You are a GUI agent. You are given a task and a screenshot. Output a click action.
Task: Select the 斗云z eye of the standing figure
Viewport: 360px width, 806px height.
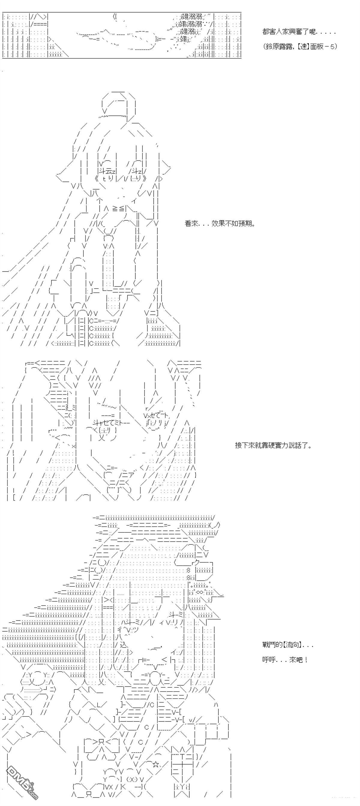pos(107,170)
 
